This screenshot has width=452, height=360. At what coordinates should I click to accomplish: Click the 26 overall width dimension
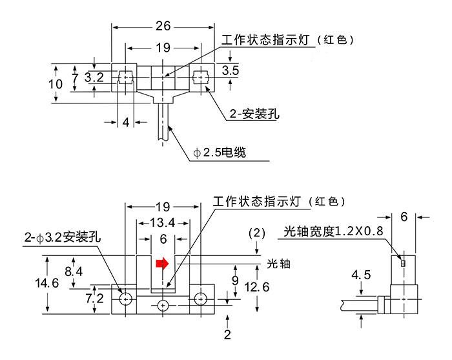163,26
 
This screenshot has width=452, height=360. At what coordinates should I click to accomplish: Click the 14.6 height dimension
46,283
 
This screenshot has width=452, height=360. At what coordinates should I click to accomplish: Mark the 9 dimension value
235,280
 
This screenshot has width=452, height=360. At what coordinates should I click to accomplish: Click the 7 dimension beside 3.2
76,78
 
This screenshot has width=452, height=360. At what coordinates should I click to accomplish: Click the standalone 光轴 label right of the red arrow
276,263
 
